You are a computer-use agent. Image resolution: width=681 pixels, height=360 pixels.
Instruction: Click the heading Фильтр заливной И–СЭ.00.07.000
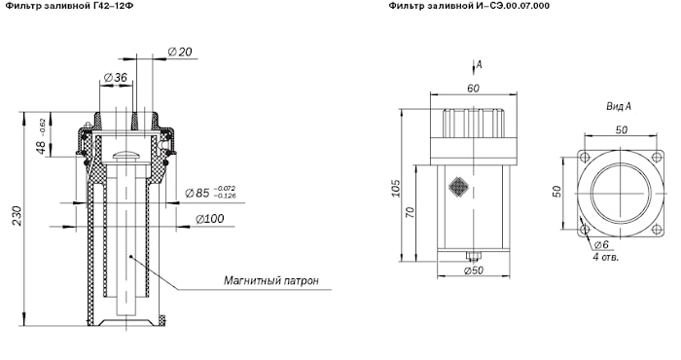point(469,6)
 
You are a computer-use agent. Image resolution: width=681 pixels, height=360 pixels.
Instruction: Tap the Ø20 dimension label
point(180,53)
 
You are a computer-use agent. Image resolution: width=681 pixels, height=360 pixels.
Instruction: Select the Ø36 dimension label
point(116,77)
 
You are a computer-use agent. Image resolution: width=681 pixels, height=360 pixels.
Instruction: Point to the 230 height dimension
point(17,215)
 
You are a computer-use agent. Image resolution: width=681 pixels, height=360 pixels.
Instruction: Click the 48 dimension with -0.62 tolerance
point(42,137)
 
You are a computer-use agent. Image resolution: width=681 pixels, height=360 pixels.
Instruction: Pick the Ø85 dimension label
point(210,193)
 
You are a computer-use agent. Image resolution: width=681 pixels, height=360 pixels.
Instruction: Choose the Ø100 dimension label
point(210,219)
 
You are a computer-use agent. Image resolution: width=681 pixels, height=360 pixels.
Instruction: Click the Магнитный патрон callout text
point(271,280)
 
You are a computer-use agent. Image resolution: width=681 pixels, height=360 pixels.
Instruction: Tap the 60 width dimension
point(473,89)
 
